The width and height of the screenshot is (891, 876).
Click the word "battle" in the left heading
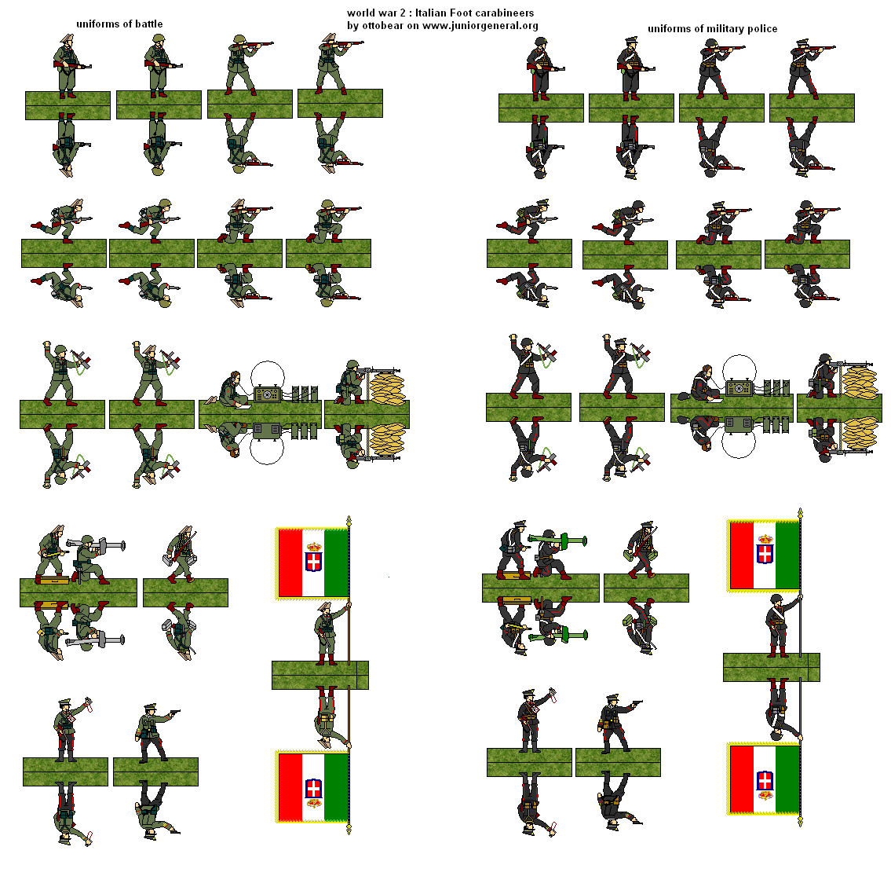point(149,24)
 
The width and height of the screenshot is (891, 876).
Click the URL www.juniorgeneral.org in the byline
point(480,26)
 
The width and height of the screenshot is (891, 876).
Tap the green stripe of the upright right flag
point(787,555)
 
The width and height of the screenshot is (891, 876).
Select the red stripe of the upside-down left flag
point(290,787)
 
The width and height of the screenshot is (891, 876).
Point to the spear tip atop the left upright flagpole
point(349,520)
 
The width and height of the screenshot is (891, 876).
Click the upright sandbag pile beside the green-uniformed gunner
point(387,387)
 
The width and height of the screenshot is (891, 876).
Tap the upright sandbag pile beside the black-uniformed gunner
point(860,382)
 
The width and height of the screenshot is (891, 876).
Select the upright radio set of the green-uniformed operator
point(266,394)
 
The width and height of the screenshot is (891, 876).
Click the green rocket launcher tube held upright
point(557,540)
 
